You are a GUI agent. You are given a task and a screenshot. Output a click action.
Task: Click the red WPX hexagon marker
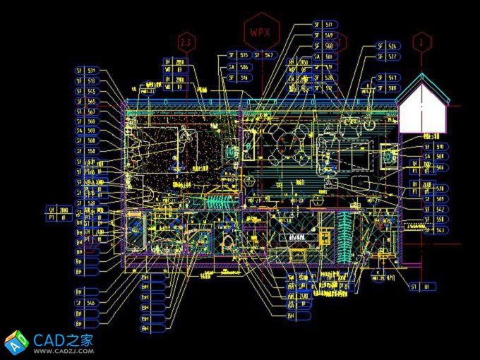click(262, 32)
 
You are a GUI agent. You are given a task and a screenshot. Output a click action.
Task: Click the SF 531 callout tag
click(86, 71)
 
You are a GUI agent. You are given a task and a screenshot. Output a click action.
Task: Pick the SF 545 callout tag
click(86, 91)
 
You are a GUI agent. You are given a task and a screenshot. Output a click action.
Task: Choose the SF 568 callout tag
click(86, 121)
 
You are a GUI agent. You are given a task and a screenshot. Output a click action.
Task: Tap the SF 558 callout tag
click(86, 151)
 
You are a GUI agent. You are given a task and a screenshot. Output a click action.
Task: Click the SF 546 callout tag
click(86, 302)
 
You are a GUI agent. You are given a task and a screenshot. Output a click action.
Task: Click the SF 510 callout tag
click(435, 147)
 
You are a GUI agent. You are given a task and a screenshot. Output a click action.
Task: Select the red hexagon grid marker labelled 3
click(422, 42)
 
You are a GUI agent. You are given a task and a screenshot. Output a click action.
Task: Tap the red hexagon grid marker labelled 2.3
click(186, 42)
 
